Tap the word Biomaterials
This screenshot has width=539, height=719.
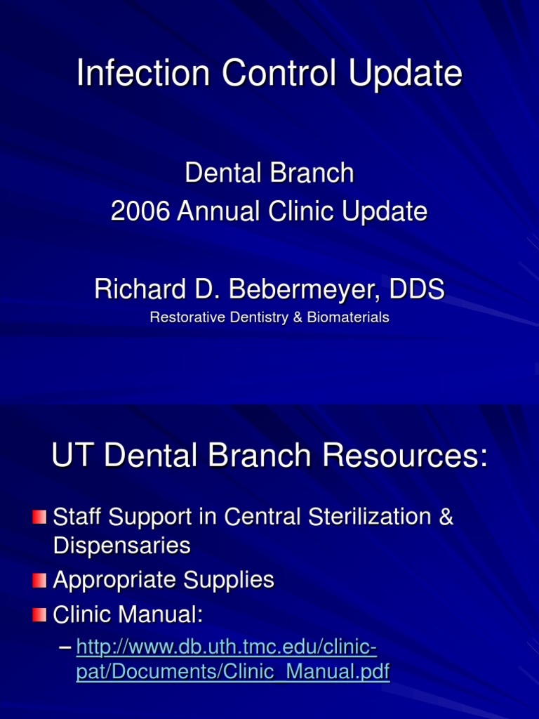pyautogui.click(x=348, y=317)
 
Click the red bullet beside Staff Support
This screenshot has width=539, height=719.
pyautogui.click(x=40, y=517)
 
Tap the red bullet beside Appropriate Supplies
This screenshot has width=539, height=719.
pyautogui.click(x=40, y=581)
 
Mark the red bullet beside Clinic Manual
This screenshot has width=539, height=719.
pyautogui.click(x=40, y=616)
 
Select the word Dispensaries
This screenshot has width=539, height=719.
pyautogui.click(x=121, y=546)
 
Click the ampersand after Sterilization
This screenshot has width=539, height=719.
pyautogui.click(x=446, y=517)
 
